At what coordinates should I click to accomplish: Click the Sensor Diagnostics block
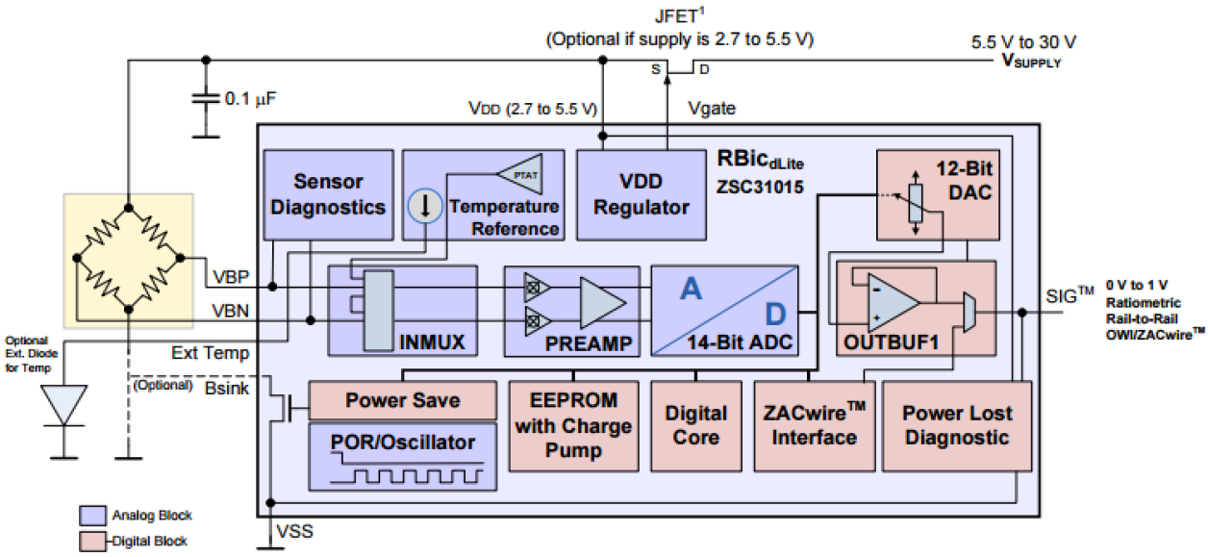328,193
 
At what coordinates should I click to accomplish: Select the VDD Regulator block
640,193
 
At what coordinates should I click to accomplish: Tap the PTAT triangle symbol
519,174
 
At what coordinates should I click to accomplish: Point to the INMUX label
434,342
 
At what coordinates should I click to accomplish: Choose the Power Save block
402,400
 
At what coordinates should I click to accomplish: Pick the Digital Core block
695,425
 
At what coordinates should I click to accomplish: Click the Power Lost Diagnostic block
956,425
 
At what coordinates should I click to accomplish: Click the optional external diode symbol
65,405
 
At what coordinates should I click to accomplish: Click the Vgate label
712,109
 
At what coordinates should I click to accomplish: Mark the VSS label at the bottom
293,531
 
